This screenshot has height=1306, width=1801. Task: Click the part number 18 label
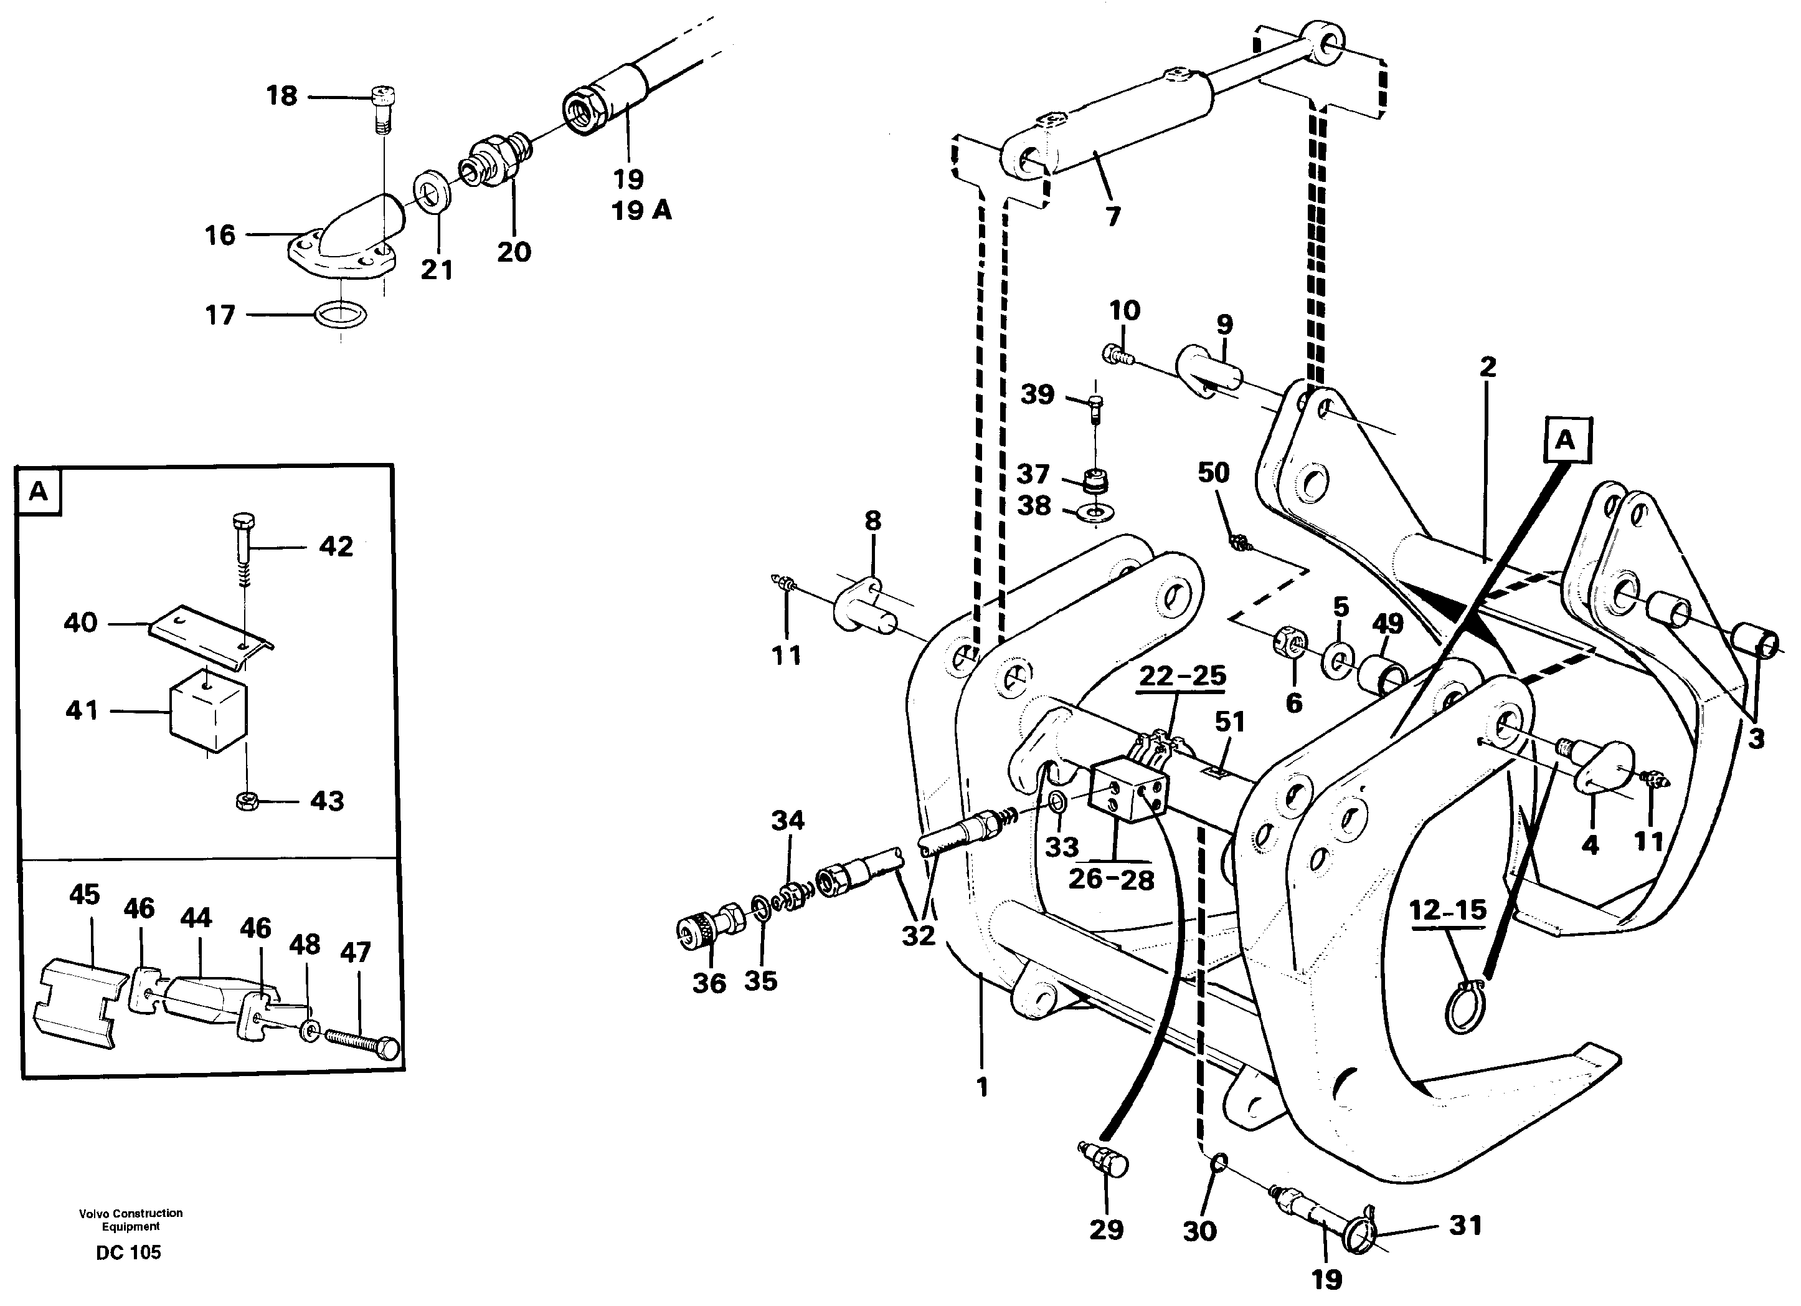281,96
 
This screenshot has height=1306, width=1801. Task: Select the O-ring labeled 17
341,315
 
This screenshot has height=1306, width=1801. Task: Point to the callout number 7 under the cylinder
1113,216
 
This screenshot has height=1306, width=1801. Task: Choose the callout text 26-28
1110,879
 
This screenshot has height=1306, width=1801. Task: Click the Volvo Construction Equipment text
130,1219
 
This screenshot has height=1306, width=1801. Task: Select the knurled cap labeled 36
698,932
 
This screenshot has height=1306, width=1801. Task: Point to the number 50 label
1212,474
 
